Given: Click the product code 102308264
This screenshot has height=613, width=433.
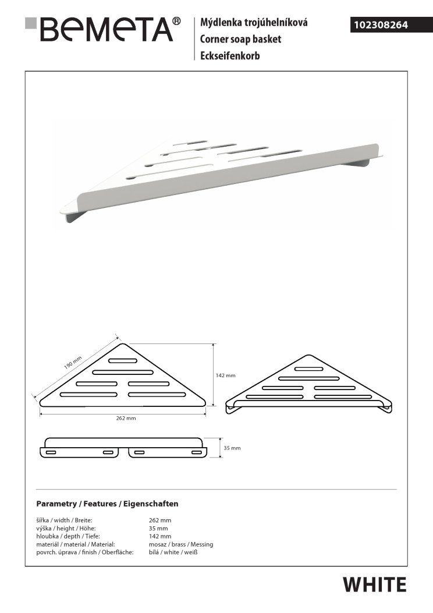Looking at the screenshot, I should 379,25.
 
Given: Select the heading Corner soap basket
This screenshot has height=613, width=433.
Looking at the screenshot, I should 240,40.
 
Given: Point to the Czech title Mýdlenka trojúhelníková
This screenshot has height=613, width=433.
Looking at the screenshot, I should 254,23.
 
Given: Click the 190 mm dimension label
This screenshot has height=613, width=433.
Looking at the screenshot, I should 73,364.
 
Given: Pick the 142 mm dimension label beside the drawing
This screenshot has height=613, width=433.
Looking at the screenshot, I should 225,375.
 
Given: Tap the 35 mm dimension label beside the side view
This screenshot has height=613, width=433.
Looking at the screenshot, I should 232,448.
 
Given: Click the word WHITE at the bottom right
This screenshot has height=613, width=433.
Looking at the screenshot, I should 374,584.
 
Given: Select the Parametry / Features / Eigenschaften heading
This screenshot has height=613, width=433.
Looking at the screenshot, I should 107,504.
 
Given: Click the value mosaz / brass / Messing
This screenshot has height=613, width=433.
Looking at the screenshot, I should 181,544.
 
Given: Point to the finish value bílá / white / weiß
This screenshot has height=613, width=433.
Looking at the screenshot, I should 174,552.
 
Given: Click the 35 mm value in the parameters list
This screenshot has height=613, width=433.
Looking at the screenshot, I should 159,528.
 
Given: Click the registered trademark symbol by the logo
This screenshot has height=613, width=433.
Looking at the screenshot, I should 176,22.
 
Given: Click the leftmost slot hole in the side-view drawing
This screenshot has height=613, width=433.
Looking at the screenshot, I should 51,452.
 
